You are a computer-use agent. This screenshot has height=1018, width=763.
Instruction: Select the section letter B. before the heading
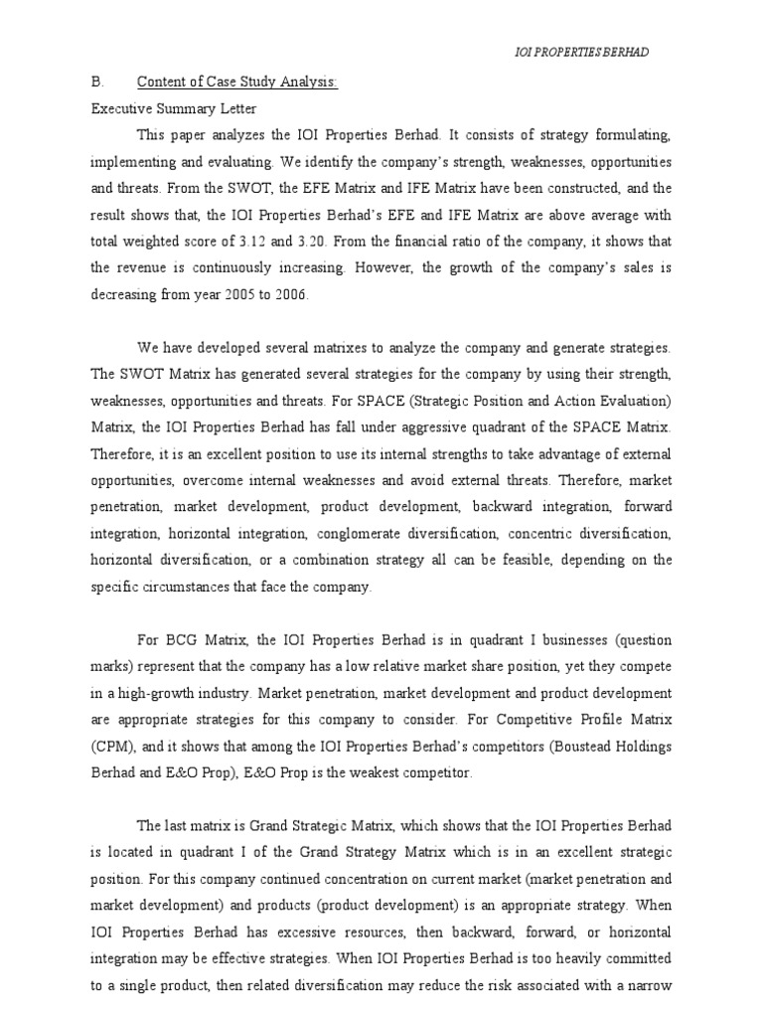[x=95, y=84]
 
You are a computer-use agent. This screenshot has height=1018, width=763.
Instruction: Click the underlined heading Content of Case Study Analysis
[x=236, y=84]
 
